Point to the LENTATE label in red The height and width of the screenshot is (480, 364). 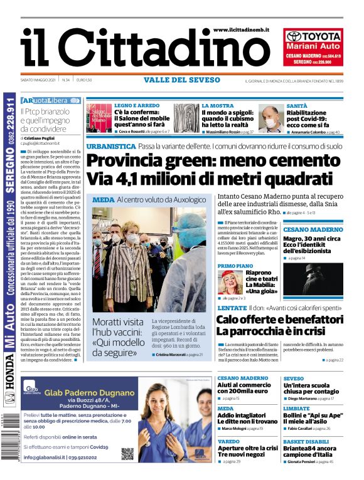(232, 308)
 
